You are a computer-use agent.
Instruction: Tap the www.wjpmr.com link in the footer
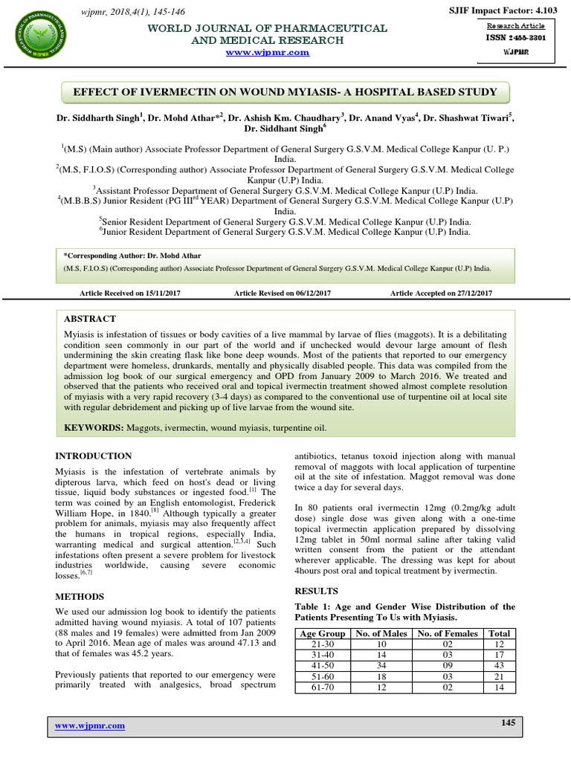click(x=88, y=725)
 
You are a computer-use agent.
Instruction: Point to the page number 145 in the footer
click(x=508, y=723)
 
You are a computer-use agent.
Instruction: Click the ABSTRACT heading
click(x=90, y=318)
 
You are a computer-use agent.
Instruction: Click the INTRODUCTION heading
click(x=94, y=456)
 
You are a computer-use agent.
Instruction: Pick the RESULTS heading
click(x=316, y=591)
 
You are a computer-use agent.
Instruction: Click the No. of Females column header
click(x=447, y=633)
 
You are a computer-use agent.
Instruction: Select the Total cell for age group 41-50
click(x=500, y=667)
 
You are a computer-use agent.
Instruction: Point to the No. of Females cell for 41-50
click(x=447, y=667)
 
